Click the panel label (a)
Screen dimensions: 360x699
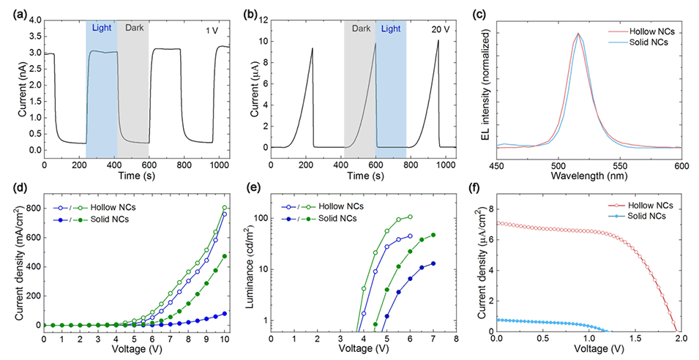coord(13,9)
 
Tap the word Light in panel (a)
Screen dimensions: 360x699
coord(102,29)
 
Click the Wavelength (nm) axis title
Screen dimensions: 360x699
coord(589,176)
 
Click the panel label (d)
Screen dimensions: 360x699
coord(13,193)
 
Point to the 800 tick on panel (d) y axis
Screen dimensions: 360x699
coord(30,209)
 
